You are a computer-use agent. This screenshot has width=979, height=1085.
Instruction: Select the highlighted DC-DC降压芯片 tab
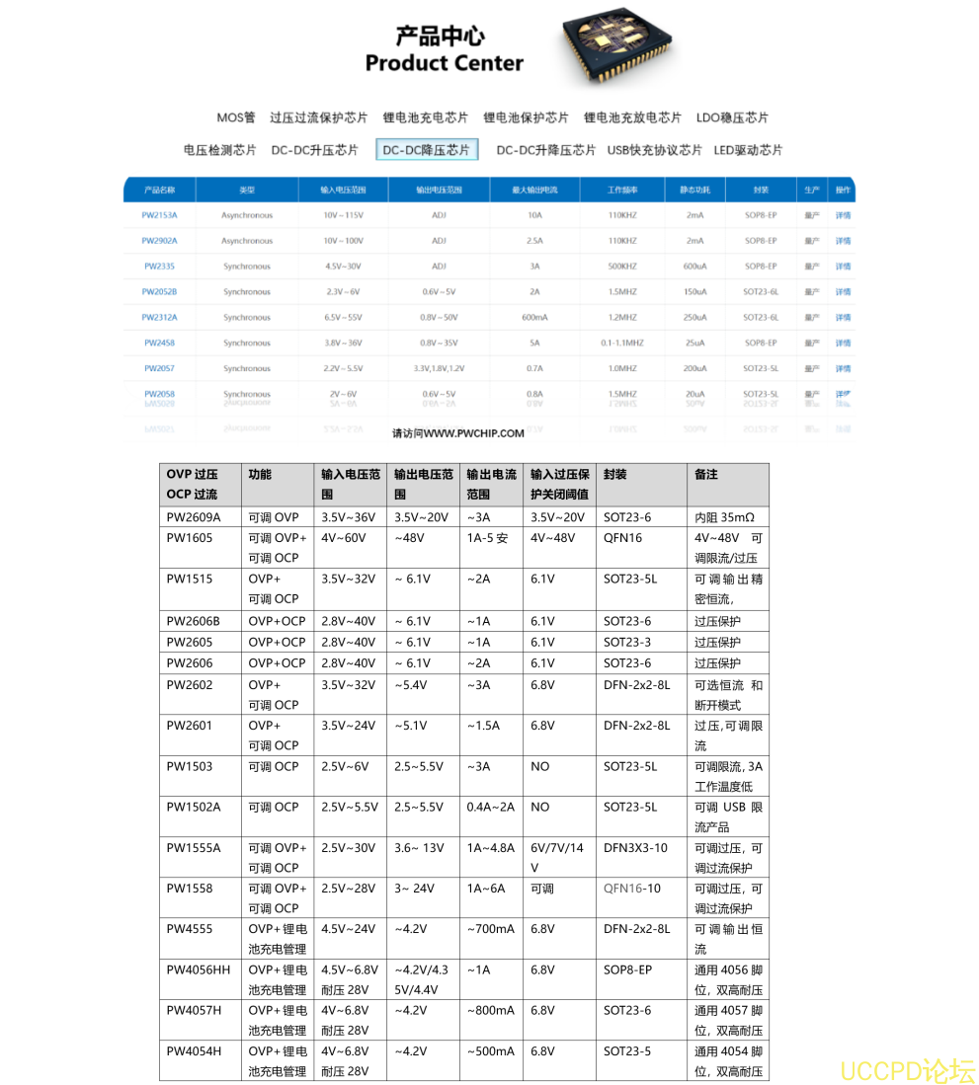point(427,150)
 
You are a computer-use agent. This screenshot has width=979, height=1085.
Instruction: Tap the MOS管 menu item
point(236,117)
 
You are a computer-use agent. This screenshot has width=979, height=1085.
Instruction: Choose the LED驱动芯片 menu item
point(748,150)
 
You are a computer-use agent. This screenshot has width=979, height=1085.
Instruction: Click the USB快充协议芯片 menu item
point(654,150)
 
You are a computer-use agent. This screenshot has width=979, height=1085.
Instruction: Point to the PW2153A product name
point(159,215)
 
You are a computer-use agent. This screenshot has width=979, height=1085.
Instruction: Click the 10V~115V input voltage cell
point(344,215)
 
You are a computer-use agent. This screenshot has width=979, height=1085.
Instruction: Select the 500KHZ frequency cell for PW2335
point(622,267)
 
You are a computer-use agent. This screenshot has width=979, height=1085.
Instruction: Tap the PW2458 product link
point(159,344)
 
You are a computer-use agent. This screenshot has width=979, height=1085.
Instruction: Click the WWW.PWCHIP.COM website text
point(457,433)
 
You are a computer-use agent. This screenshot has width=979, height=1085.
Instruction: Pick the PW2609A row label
point(194,517)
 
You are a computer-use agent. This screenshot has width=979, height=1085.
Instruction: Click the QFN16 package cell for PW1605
point(623,538)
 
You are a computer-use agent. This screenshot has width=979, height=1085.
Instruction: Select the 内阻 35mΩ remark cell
point(724,517)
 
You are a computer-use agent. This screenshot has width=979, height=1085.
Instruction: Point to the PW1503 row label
point(190,766)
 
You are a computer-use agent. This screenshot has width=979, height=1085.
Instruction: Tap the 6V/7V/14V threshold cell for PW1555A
point(557,857)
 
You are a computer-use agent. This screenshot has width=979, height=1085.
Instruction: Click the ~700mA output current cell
point(490,929)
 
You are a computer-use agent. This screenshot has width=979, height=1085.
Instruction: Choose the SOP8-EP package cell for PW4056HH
point(628,969)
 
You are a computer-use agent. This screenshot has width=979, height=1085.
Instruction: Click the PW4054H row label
point(194,1051)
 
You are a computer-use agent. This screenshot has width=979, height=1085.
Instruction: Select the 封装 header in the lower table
point(614,474)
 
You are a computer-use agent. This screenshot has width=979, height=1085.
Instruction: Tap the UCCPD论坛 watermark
point(907,1070)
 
